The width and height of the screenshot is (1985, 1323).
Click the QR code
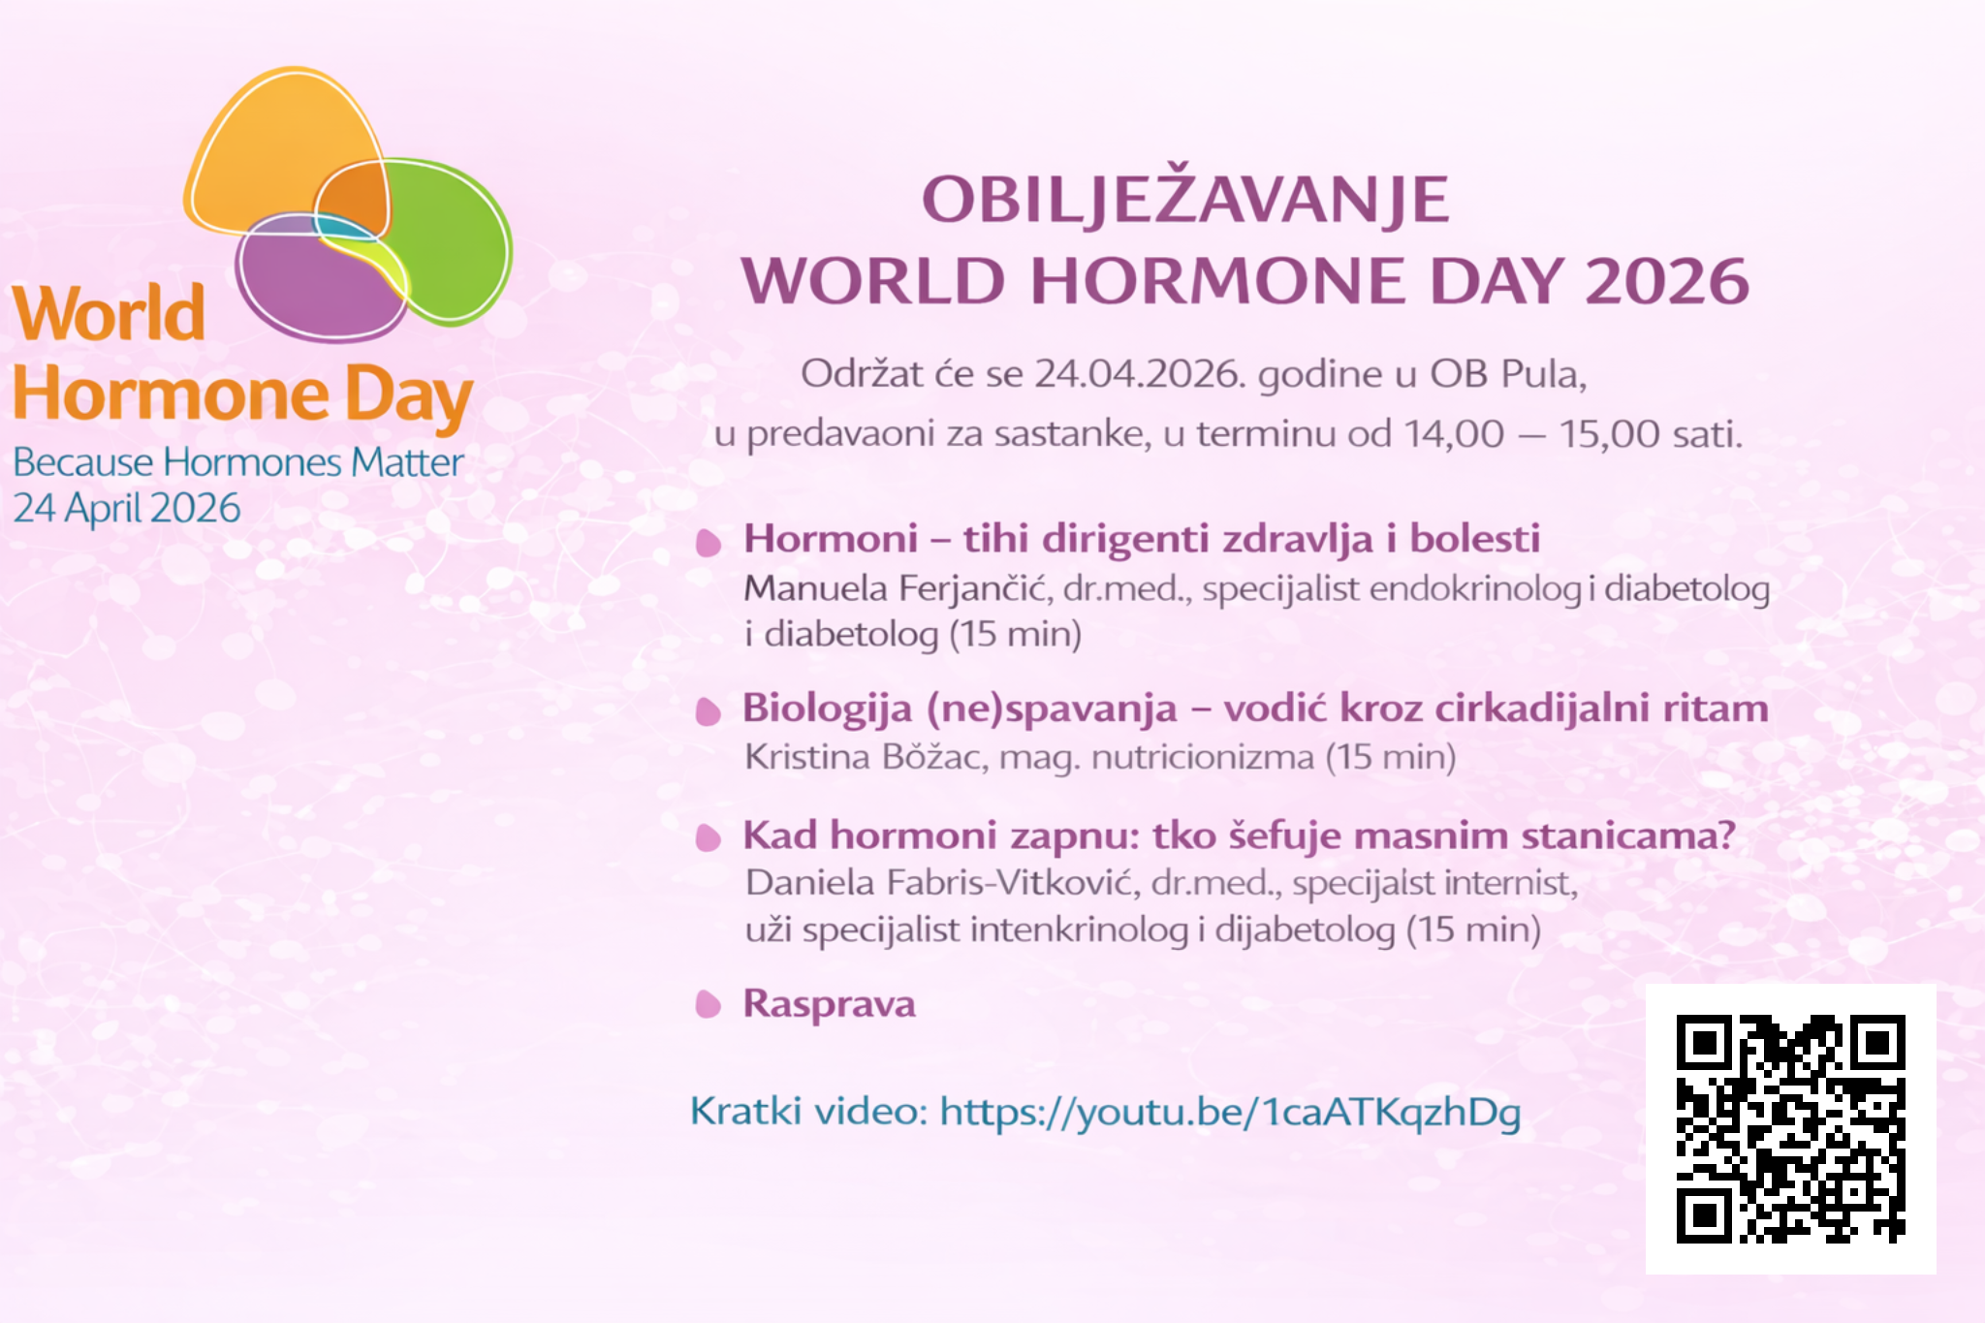[x=1790, y=1128]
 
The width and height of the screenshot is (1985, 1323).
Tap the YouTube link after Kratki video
[x=1230, y=1112]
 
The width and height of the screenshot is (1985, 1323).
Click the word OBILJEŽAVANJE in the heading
[x=1185, y=199]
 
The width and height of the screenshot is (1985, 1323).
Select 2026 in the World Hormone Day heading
[x=1667, y=281]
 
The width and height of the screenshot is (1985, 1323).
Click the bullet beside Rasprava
[x=709, y=1004]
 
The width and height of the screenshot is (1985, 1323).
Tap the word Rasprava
[x=829, y=1003]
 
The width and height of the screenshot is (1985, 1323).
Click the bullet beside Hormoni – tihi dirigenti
[x=709, y=542]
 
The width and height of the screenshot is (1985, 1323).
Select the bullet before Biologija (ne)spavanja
[x=709, y=711]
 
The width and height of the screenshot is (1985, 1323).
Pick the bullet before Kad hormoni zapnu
[x=709, y=837]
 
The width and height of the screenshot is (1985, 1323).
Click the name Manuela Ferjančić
[x=898, y=588]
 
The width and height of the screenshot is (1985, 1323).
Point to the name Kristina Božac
[x=866, y=756]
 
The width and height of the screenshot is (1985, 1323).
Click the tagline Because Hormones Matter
[x=238, y=462]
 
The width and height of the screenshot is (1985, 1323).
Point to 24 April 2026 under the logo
[x=127, y=509]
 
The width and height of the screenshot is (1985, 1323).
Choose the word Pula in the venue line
[x=1543, y=374]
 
